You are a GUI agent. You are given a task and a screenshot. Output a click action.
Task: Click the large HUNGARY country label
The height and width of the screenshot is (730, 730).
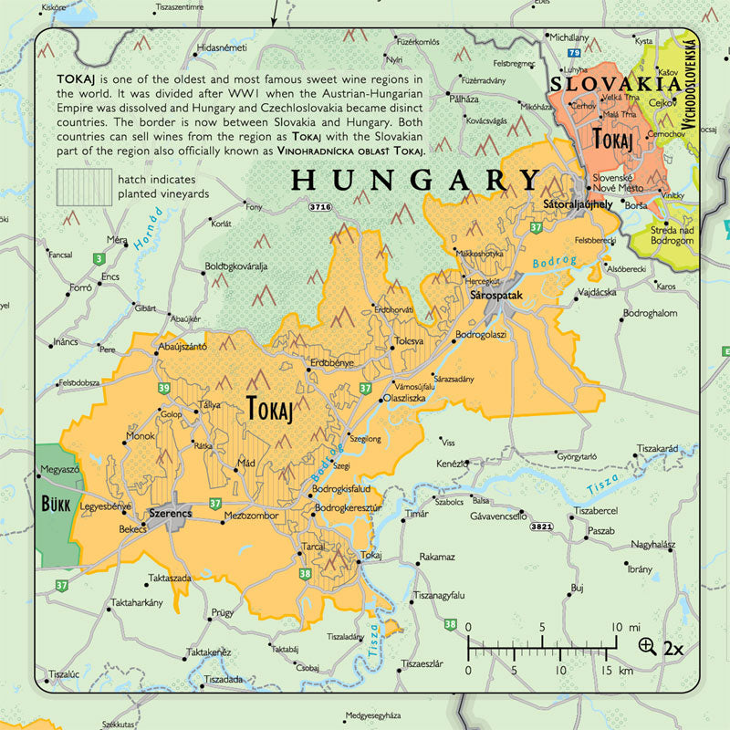click(x=415, y=180)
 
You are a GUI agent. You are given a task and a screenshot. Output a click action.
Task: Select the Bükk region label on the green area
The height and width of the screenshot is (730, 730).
click(x=57, y=503)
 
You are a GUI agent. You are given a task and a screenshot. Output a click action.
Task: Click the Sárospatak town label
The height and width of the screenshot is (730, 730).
click(x=495, y=297)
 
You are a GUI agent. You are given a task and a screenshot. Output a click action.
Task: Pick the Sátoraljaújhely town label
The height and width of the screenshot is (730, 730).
click(x=576, y=203)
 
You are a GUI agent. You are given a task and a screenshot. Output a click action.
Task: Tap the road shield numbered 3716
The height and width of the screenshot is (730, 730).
click(x=320, y=208)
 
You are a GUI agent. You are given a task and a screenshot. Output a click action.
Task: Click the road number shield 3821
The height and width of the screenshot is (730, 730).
click(x=541, y=527)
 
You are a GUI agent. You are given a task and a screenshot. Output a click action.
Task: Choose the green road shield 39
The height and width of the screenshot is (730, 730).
click(x=163, y=389)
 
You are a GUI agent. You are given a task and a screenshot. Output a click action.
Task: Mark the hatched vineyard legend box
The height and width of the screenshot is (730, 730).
click(x=84, y=186)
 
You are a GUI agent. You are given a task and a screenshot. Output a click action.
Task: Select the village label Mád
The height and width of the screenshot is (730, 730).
click(x=246, y=464)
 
